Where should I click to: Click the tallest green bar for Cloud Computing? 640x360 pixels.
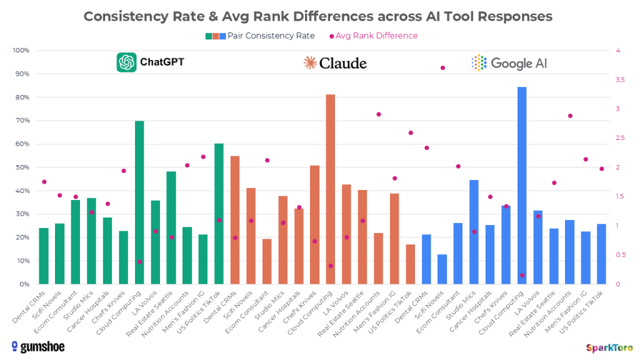(139, 202)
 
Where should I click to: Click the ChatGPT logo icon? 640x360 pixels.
(126, 62)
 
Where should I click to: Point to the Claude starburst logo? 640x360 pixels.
(310, 62)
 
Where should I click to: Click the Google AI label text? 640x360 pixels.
(519, 62)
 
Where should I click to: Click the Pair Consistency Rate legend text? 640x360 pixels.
(271, 36)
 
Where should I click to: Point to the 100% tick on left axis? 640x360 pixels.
(21, 51)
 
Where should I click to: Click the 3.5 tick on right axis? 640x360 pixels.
(619, 80)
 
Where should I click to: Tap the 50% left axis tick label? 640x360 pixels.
(22, 167)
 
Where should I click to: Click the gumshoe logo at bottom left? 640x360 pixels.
(38, 346)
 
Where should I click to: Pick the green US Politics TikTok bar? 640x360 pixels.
(219, 214)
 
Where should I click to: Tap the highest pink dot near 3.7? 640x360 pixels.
(442, 67)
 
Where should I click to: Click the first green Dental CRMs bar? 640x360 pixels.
(44, 256)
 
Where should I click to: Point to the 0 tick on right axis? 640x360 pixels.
(617, 284)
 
